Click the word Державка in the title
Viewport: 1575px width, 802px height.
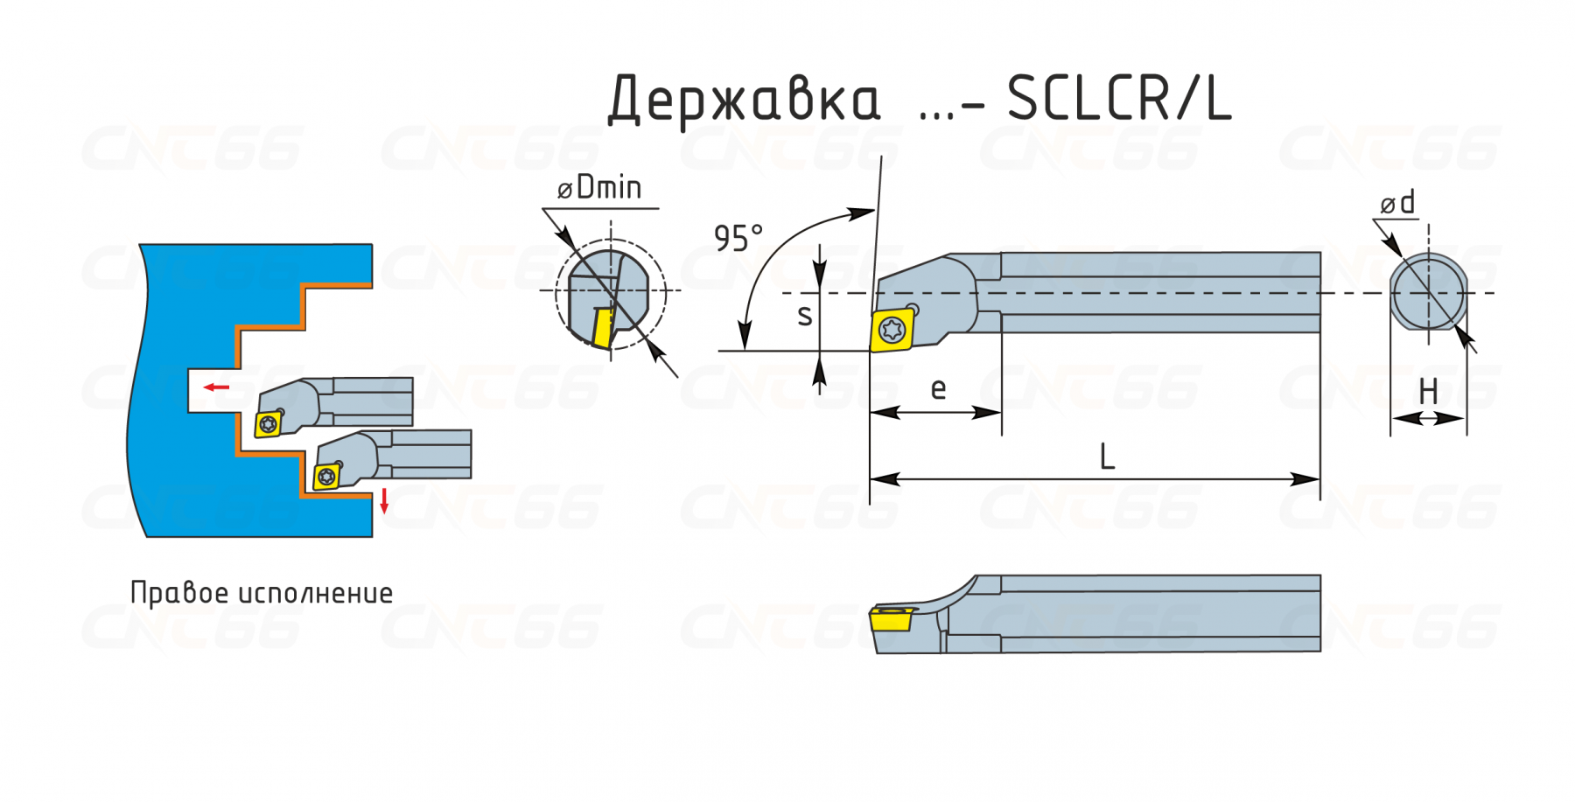coord(744,100)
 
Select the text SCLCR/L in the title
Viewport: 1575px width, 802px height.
coord(1119,98)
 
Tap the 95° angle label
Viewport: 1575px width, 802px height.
coord(738,238)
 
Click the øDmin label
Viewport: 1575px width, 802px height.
coord(599,187)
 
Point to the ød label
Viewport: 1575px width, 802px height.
coord(1397,203)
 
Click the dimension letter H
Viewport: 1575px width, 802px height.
coord(1428,391)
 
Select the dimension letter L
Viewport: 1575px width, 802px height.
coord(1107,457)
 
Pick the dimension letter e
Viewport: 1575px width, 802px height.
coord(938,388)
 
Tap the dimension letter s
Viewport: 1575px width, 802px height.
coord(805,316)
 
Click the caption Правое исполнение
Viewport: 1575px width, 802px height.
coord(262,593)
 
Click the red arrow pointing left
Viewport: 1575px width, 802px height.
coord(216,387)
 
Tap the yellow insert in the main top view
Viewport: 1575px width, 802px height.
coord(892,330)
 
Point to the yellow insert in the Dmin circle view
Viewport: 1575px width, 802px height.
coord(604,328)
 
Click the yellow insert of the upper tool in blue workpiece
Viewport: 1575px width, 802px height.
coord(268,424)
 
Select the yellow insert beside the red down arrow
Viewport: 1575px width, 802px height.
coord(326,476)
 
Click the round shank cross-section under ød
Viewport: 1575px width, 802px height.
coord(1428,292)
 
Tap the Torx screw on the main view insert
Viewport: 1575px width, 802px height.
coord(892,331)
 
